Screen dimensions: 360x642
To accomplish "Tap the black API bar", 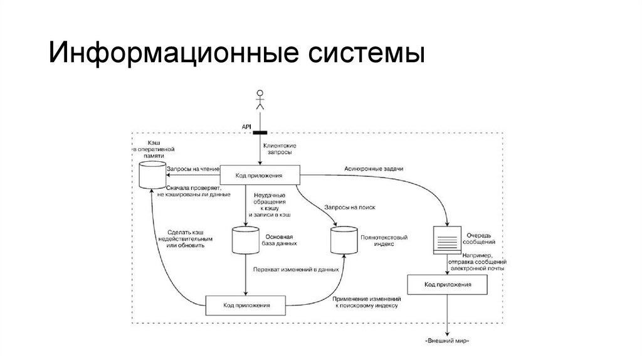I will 259,132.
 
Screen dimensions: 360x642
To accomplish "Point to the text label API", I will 246,127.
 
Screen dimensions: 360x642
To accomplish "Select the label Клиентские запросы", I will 280,149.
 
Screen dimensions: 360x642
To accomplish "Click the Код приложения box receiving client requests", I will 259,176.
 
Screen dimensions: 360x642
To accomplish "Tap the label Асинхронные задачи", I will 374,168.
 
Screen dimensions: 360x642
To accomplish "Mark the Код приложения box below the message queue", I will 448,285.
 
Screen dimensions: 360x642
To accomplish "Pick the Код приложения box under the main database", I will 246,305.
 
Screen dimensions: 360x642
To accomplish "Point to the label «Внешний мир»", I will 447,341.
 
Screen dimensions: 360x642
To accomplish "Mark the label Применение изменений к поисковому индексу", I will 367,302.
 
